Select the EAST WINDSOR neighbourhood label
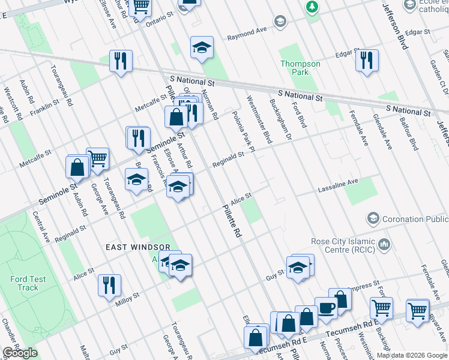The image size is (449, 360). [134, 247]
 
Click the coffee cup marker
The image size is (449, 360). [326, 307]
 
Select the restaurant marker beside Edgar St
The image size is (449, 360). [366, 60]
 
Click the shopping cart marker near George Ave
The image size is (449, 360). [97, 158]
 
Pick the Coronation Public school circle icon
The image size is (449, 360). [373, 217]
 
